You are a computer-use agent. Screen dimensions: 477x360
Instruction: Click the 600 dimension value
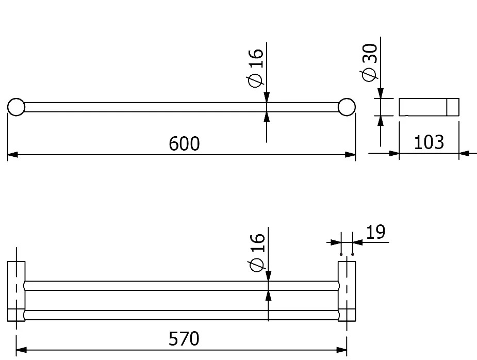[184, 143]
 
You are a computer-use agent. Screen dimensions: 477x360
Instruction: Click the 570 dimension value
[184, 338]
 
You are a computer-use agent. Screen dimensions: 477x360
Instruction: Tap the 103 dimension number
[429, 142]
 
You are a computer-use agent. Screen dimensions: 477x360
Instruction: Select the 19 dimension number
[376, 232]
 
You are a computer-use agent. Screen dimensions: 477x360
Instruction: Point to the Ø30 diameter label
[370, 62]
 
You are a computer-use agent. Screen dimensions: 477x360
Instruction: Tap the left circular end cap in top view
[16, 107]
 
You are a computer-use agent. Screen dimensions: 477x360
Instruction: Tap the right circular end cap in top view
[347, 107]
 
